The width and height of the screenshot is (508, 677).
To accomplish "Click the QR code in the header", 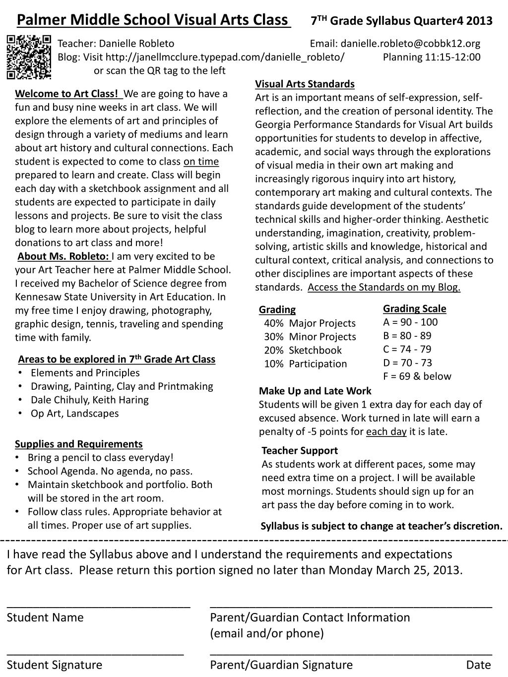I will pyautogui.click(x=29, y=57).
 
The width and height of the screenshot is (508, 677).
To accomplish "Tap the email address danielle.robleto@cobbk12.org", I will pyautogui.click(x=410, y=43).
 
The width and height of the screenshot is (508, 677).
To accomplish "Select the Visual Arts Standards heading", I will pyautogui.click(x=305, y=84).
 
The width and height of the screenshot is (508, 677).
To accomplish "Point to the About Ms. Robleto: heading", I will pyautogui.click(x=63, y=256).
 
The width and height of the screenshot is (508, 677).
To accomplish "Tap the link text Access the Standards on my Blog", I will pyautogui.click(x=384, y=287).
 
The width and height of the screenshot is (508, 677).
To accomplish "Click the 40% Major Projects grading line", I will pyautogui.click(x=310, y=323).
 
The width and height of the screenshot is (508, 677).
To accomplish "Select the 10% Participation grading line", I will pyautogui.click(x=306, y=364).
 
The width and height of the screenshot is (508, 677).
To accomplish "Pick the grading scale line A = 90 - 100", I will pyautogui.click(x=410, y=322).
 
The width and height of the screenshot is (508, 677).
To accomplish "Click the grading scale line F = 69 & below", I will pyautogui.click(x=417, y=376).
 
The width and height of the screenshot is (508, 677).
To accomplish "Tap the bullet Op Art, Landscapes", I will pyautogui.click(x=74, y=413).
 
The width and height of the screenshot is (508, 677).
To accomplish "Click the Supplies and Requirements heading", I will pyautogui.click(x=78, y=444).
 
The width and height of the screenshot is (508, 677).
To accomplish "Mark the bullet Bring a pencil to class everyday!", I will pyautogui.click(x=100, y=457).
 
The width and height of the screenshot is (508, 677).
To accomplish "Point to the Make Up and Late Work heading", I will pyautogui.click(x=315, y=391).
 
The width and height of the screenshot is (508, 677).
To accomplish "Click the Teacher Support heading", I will pyautogui.click(x=300, y=450).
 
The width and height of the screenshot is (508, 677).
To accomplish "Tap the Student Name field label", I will pyautogui.click(x=45, y=617).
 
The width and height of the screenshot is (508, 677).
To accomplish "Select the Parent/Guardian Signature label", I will pyautogui.click(x=281, y=665).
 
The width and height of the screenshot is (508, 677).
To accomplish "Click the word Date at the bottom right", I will pyautogui.click(x=478, y=665).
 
